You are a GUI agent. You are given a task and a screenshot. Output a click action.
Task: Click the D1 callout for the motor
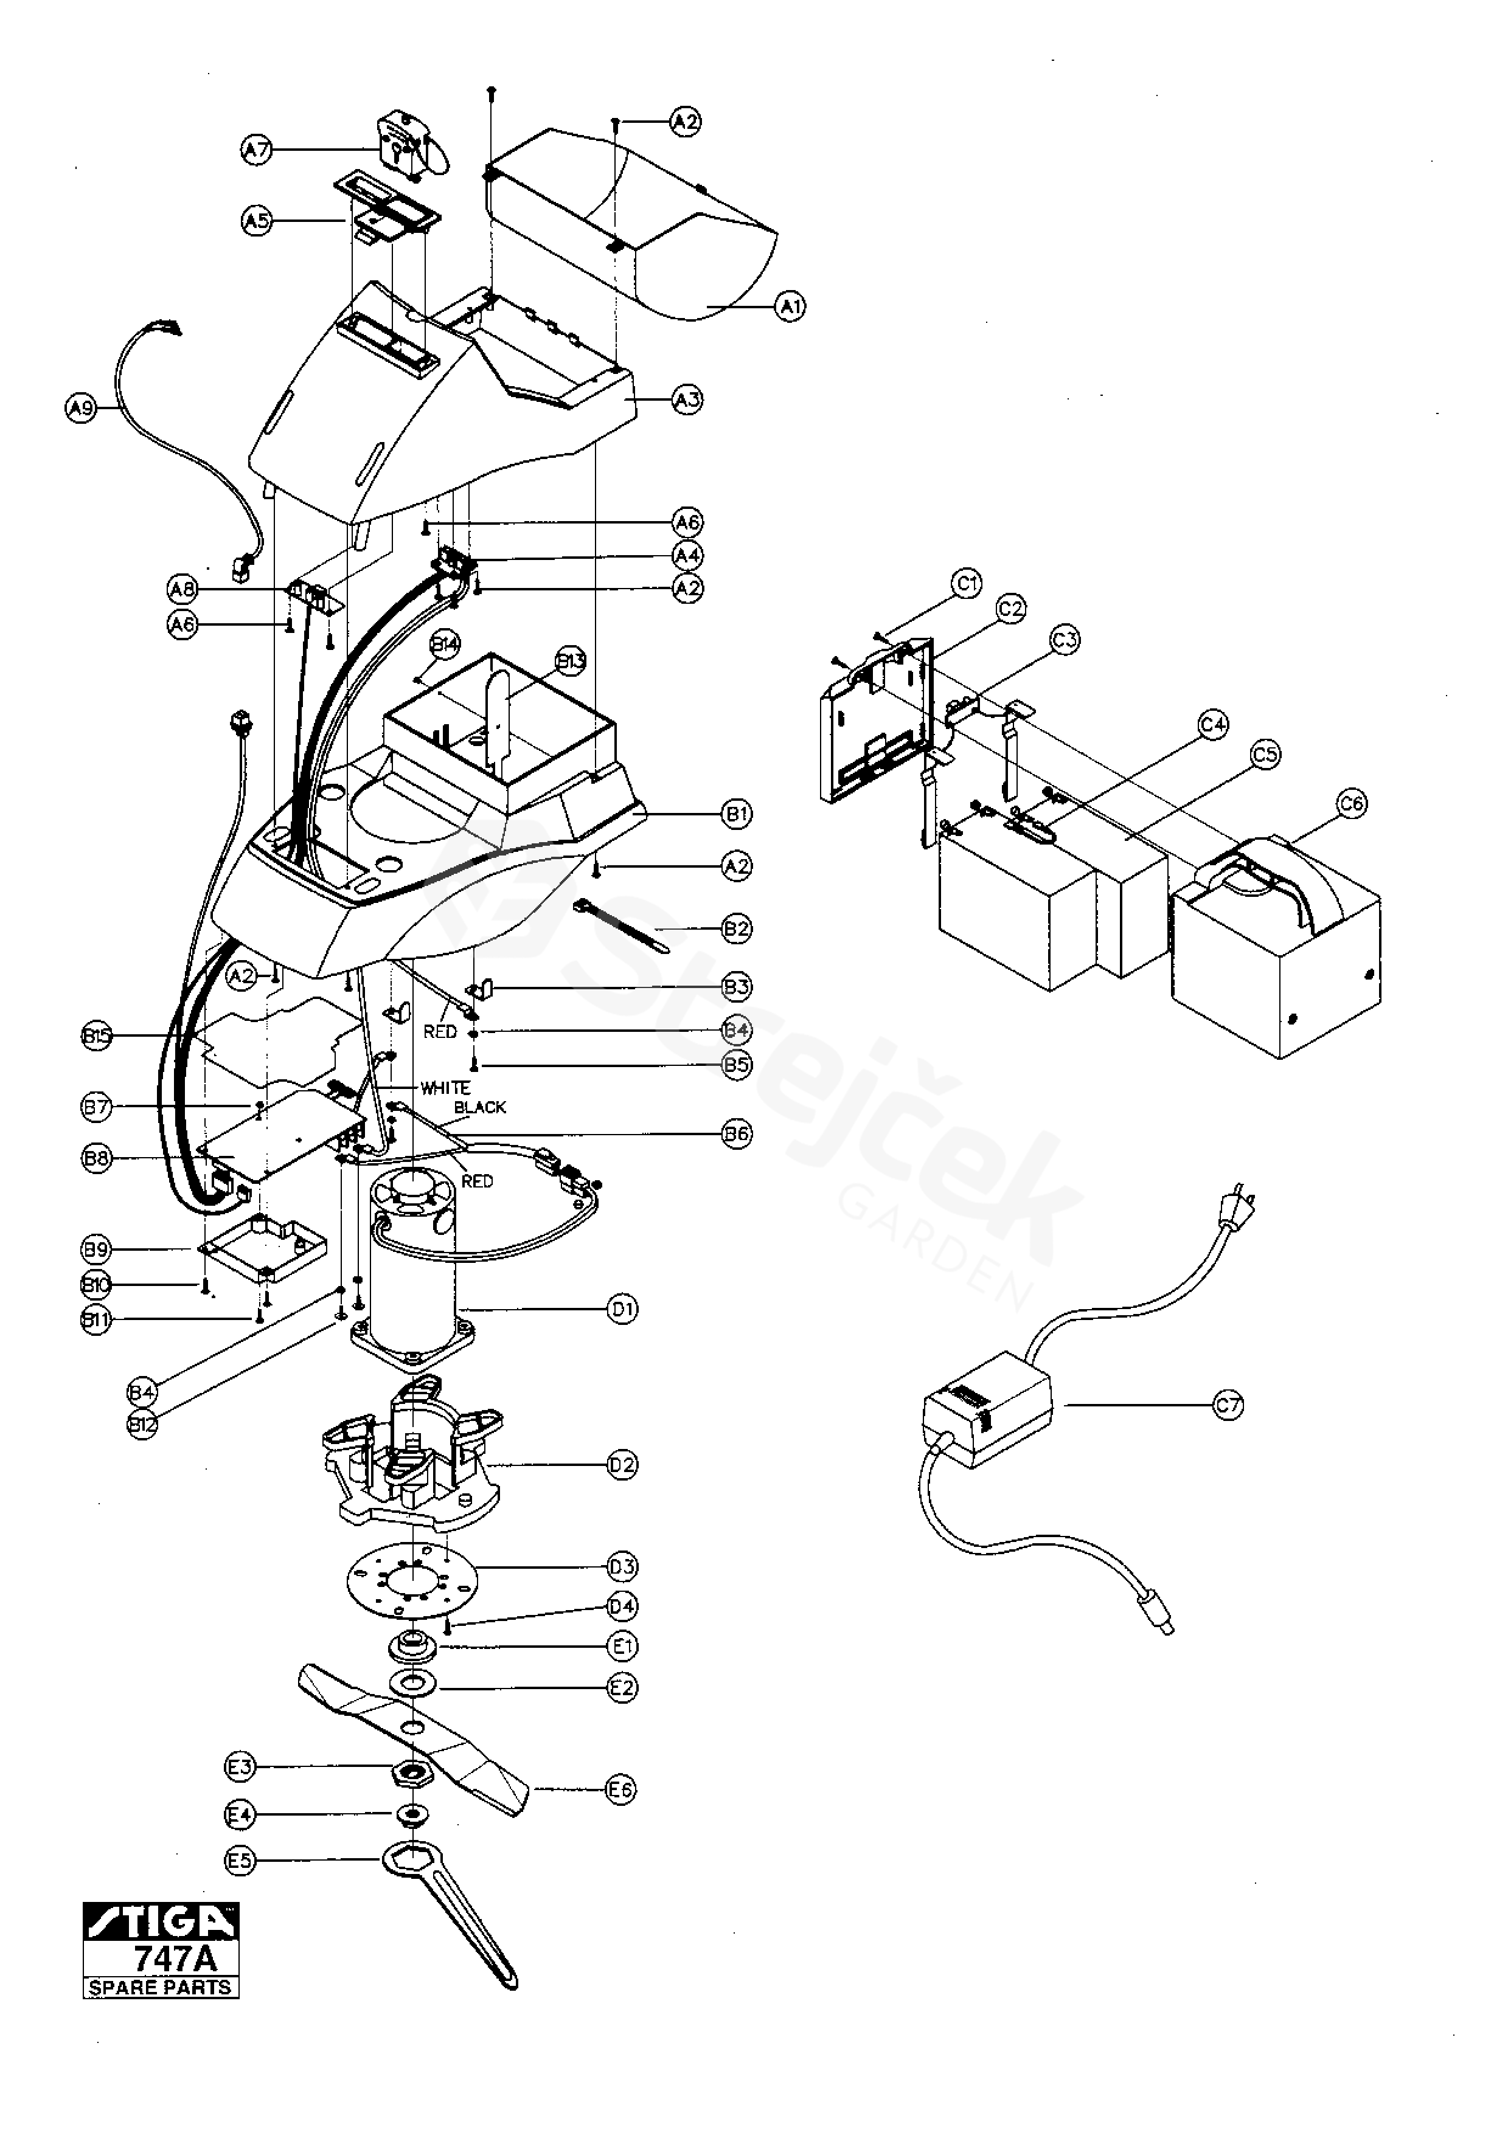(622, 1310)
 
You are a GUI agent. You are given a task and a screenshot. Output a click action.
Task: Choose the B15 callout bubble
(97, 1036)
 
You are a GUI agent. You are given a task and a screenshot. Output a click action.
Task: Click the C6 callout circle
(1352, 803)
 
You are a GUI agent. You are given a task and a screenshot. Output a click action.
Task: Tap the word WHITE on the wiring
(445, 1087)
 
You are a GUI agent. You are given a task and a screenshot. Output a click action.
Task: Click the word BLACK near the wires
(481, 1107)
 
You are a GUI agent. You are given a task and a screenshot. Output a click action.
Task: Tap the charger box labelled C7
(987, 1408)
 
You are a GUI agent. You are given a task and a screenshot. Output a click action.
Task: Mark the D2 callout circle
(622, 1465)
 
